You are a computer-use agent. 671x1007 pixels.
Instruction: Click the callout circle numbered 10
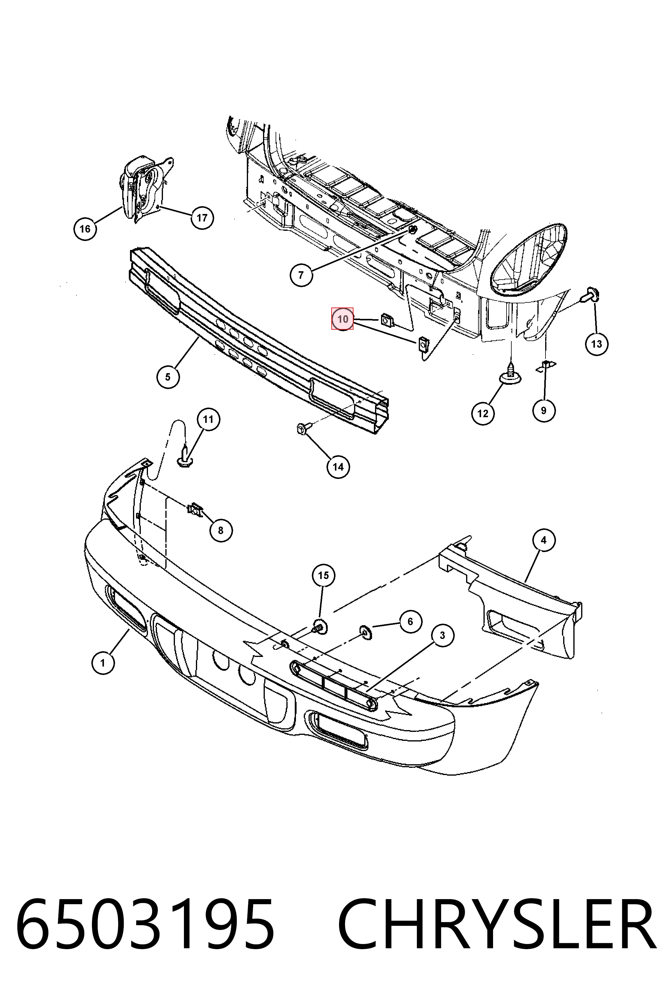(x=342, y=319)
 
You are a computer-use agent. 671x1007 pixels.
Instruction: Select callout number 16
(x=85, y=229)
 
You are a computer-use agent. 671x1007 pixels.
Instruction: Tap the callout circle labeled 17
(x=202, y=218)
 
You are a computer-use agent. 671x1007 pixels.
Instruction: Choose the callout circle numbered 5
(x=168, y=377)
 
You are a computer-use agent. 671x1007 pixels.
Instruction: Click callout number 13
(x=596, y=343)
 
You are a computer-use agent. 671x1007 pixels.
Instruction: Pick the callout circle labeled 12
(x=483, y=413)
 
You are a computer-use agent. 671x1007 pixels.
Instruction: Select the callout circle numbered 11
(x=208, y=419)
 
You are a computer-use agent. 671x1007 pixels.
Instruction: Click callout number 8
(x=221, y=530)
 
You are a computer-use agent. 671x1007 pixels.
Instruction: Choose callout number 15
(x=324, y=575)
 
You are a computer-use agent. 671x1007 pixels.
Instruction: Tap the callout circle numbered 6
(x=410, y=621)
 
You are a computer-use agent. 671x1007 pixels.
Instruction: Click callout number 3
(x=442, y=636)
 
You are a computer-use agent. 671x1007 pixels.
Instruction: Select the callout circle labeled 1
(x=103, y=663)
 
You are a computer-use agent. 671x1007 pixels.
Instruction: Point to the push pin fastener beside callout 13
(x=590, y=296)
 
